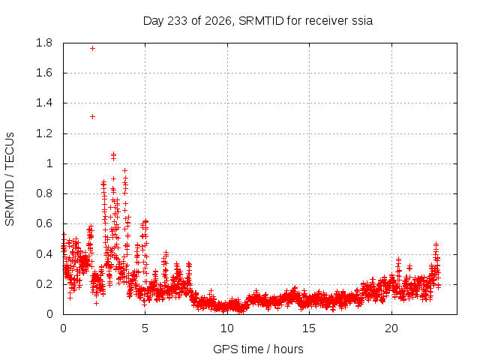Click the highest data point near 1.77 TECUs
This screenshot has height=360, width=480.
92,48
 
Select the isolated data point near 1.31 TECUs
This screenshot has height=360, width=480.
92,117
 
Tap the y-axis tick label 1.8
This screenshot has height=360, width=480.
44,43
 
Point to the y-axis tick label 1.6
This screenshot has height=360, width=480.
44,73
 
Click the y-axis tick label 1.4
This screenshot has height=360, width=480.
44,103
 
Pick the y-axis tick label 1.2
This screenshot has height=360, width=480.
44,133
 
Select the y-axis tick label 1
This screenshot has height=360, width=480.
49,163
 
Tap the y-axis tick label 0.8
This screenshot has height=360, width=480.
44,193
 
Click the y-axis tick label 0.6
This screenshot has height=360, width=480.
44,223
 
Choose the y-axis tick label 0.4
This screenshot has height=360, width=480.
44,254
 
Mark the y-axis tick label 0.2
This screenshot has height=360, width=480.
44,284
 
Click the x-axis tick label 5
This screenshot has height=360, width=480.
145,328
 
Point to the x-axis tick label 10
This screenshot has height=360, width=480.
227,328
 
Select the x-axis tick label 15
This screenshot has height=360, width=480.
309,328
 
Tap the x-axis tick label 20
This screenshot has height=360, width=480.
391,328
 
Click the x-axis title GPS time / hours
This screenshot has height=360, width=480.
258,349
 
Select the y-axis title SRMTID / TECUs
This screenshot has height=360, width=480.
10,179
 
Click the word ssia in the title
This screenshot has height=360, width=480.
362,21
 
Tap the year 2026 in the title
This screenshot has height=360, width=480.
218,21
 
